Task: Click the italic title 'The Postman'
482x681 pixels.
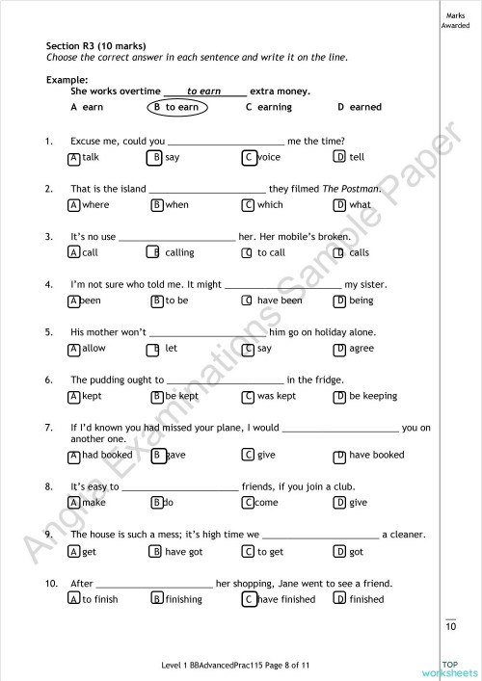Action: point(351,189)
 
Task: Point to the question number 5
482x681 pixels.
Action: point(48,332)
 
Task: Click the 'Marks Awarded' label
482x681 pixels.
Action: point(455,20)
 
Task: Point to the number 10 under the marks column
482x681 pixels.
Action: point(450,628)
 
